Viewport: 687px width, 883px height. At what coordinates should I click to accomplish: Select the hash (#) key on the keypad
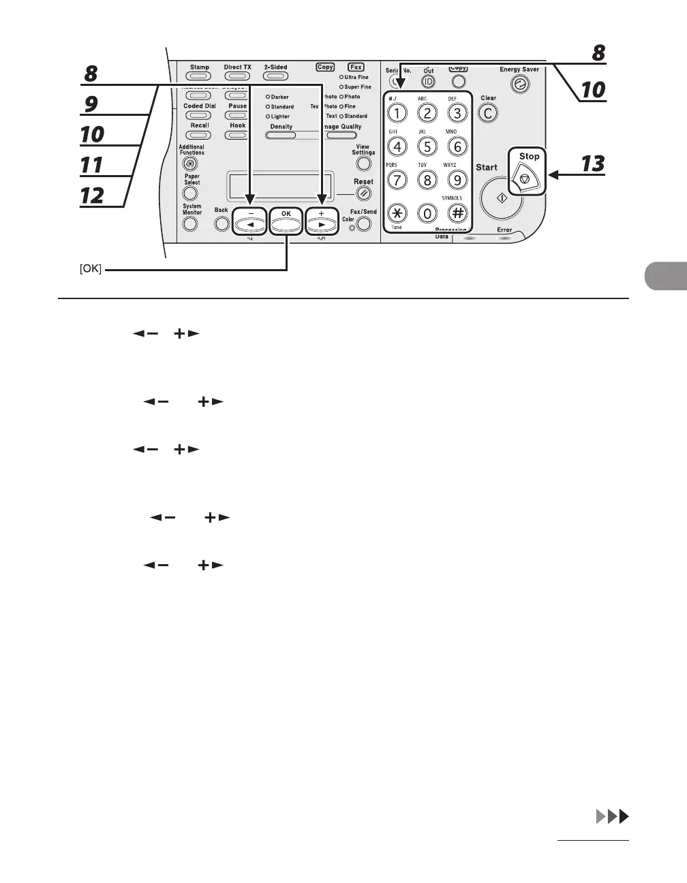(457, 213)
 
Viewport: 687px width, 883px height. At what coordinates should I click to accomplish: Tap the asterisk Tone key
(397, 213)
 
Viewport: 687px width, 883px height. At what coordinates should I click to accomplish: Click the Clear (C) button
(488, 113)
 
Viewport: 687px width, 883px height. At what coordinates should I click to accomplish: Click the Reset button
(364, 193)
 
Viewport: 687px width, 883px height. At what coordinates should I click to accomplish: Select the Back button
(222, 223)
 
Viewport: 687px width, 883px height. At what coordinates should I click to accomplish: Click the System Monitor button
(191, 223)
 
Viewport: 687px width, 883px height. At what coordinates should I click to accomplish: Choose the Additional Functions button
(192, 164)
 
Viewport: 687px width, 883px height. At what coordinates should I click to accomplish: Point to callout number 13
(593, 165)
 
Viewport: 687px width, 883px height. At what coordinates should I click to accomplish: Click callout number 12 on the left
(92, 196)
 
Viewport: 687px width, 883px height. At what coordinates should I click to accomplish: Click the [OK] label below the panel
(91, 269)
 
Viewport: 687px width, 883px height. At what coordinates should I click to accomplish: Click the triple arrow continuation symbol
(611, 817)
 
